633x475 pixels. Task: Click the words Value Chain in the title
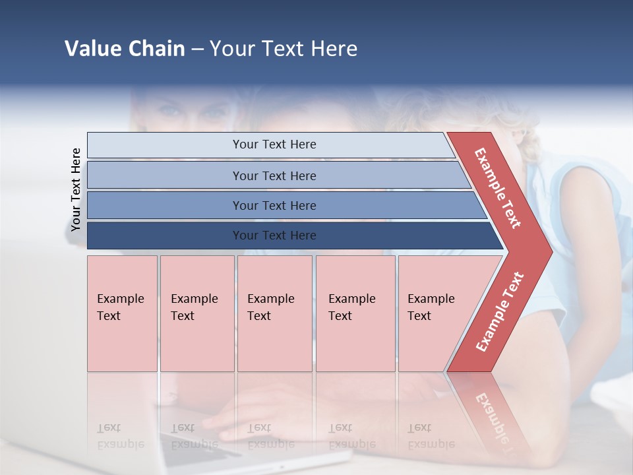pos(125,49)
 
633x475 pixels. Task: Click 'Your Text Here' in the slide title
pos(284,49)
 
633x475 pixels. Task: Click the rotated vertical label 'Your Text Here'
pos(76,189)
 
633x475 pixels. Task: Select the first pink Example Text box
pos(122,313)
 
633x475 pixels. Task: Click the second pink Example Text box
pos(196,313)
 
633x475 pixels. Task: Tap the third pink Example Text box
pos(274,313)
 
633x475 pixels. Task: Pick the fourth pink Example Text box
pos(355,313)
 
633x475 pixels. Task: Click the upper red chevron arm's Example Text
pos(498,188)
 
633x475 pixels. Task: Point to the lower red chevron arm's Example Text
pos(500,312)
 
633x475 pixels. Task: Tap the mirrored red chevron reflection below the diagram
pos(491,409)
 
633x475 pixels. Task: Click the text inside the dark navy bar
pos(274,236)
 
